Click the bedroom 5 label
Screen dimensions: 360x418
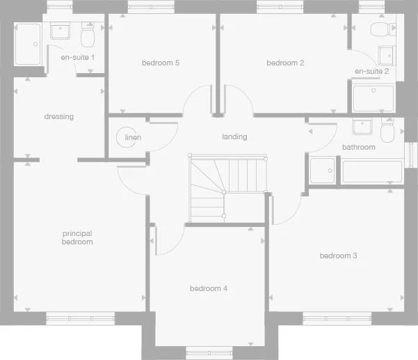(161, 63)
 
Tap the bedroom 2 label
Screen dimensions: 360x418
(285, 63)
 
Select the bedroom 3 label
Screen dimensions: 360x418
(338, 256)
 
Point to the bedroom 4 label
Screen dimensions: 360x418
(209, 288)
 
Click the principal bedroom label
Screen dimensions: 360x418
(77, 237)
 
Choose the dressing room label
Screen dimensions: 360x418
(58, 117)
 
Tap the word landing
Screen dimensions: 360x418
(234, 136)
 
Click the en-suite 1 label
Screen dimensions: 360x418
(78, 56)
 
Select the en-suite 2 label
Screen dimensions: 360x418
(371, 72)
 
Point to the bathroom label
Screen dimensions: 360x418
(358, 147)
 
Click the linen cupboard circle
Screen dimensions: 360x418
(127, 136)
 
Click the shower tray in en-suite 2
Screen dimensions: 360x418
(373, 97)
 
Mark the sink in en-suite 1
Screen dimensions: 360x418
(61, 31)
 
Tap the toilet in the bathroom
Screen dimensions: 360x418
(389, 130)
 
